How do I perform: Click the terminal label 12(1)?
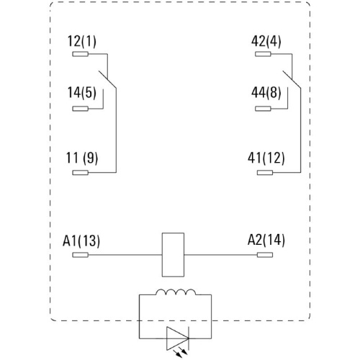tap(82, 41)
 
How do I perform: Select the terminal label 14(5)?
tap(82, 93)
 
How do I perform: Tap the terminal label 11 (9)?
tap(82, 158)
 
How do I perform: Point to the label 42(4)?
tap(266, 41)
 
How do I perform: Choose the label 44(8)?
tap(266, 93)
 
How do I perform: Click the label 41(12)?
tap(266, 158)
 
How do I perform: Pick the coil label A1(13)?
tap(81, 240)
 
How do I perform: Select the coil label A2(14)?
tap(266, 240)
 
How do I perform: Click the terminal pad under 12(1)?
tap(81, 54)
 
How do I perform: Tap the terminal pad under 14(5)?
tap(81, 109)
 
